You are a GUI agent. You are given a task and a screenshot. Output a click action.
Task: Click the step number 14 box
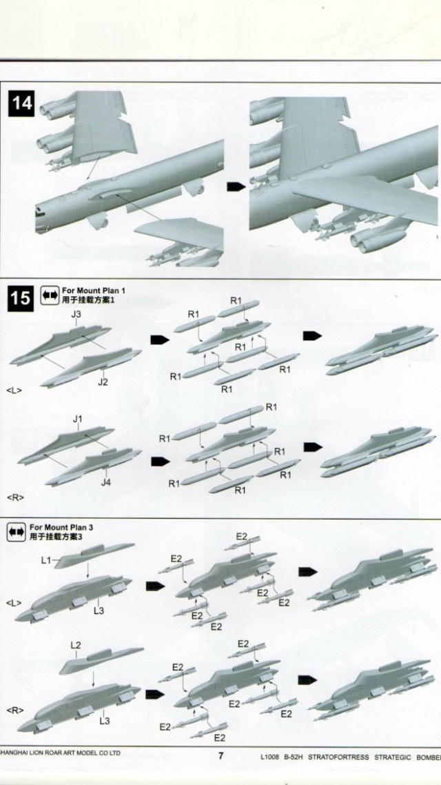click(x=22, y=105)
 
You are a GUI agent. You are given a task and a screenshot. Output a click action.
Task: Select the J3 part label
click(x=77, y=315)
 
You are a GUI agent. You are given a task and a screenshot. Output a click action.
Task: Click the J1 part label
click(x=77, y=419)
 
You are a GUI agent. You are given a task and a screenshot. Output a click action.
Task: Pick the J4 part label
click(x=105, y=482)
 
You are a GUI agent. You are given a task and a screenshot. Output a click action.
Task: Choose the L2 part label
click(x=76, y=645)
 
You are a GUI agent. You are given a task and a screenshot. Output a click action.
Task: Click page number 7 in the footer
click(x=220, y=755)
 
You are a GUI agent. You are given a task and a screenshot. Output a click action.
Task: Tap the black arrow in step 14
click(x=235, y=187)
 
